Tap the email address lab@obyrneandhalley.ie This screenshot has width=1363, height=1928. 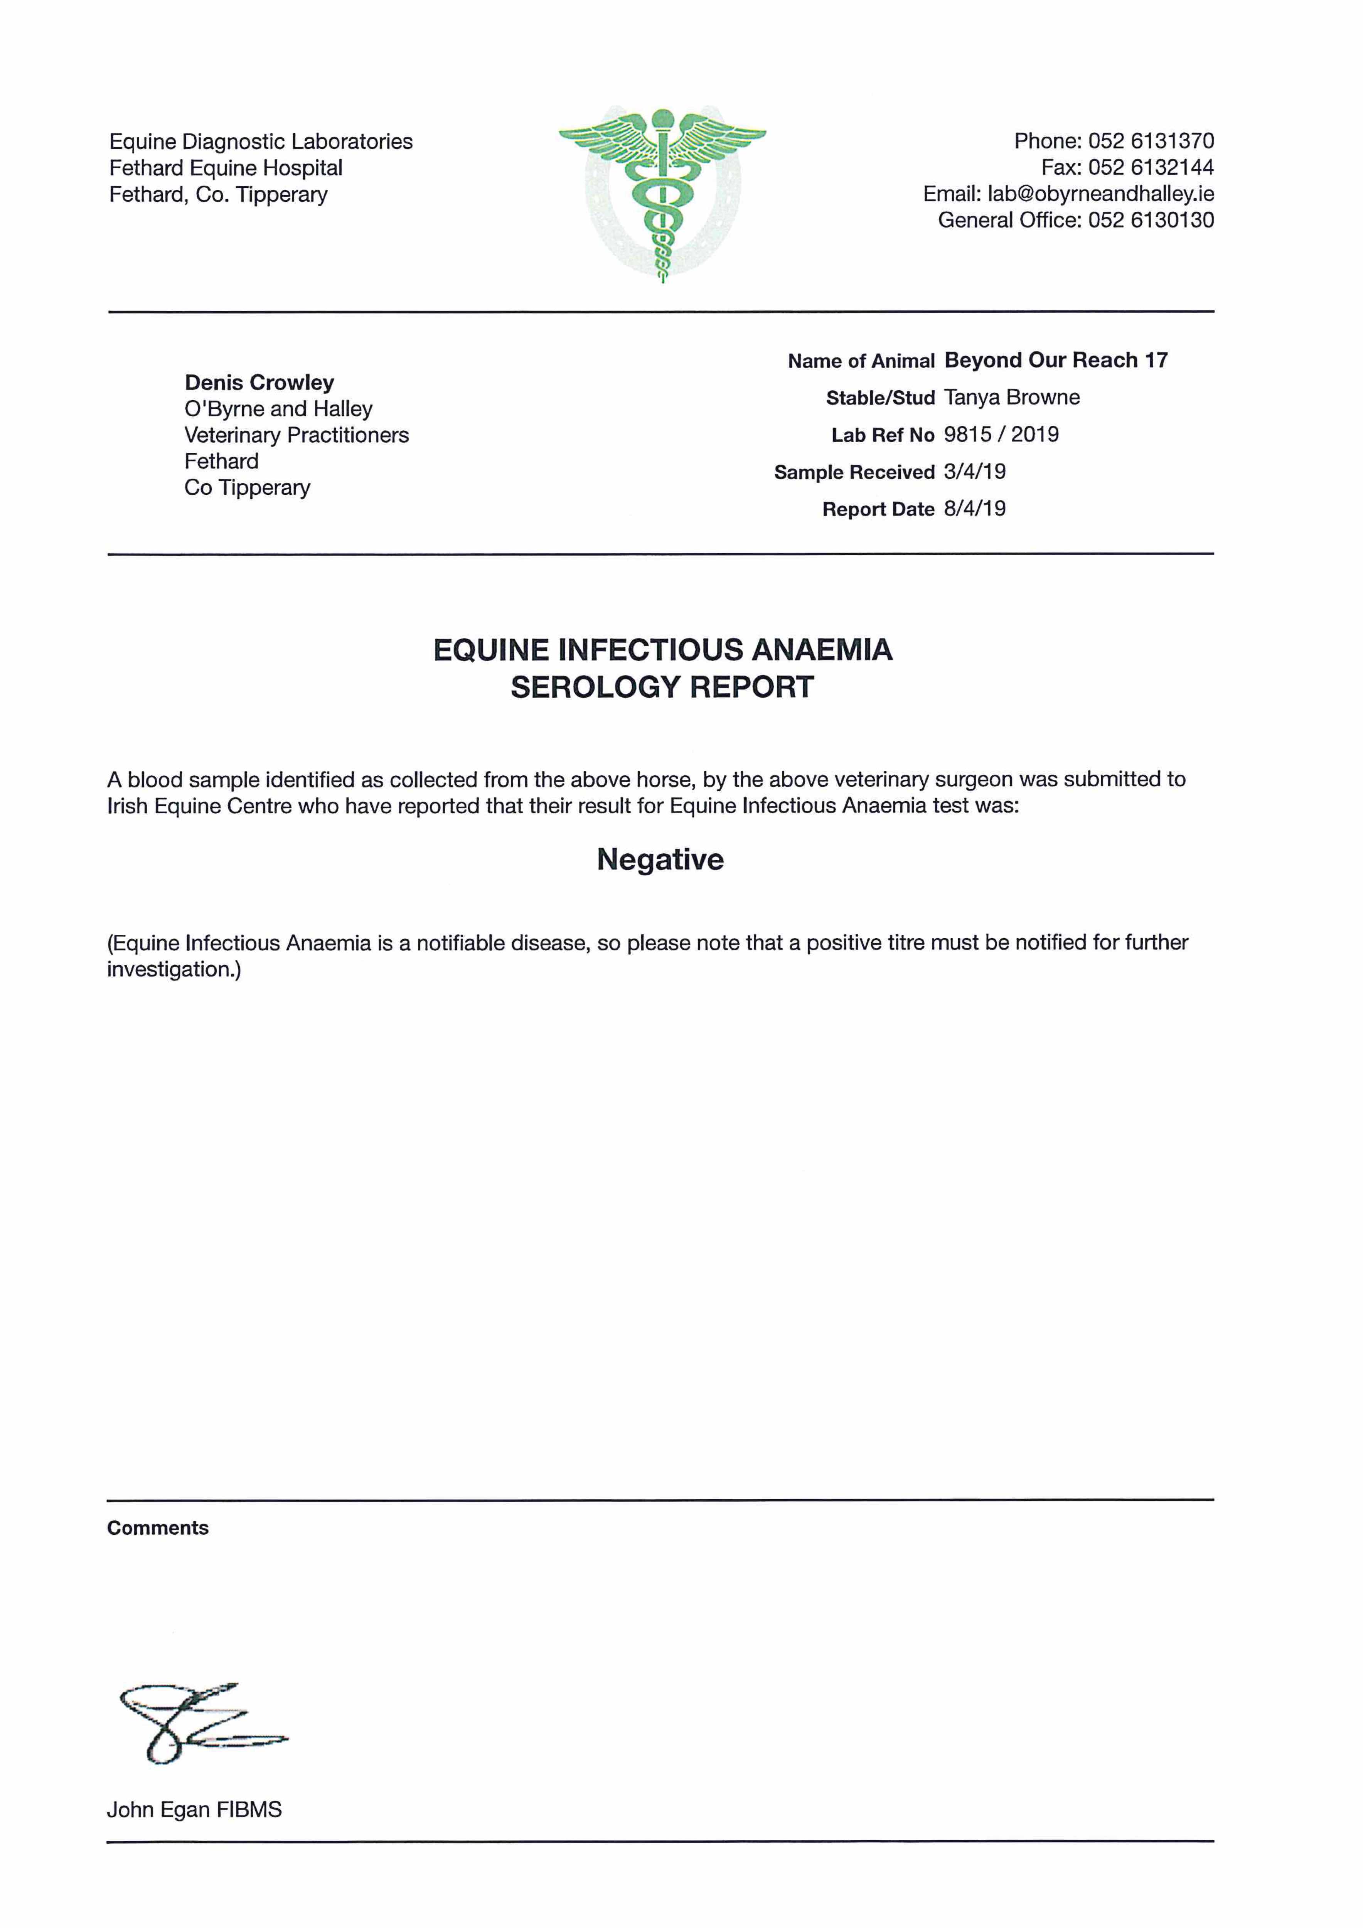[1100, 194]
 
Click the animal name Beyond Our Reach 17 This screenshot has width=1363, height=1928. [1056, 360]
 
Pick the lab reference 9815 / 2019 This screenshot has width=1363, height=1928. [1001, 434]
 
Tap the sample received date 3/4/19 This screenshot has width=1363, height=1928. [974, 471]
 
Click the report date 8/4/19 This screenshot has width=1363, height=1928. [974, 508]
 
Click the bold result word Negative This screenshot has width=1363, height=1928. [660, 859]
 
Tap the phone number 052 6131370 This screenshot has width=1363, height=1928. [1151, 141]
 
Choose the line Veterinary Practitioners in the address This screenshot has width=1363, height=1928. [297, 435]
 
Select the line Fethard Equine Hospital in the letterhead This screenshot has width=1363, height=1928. [226, 168]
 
